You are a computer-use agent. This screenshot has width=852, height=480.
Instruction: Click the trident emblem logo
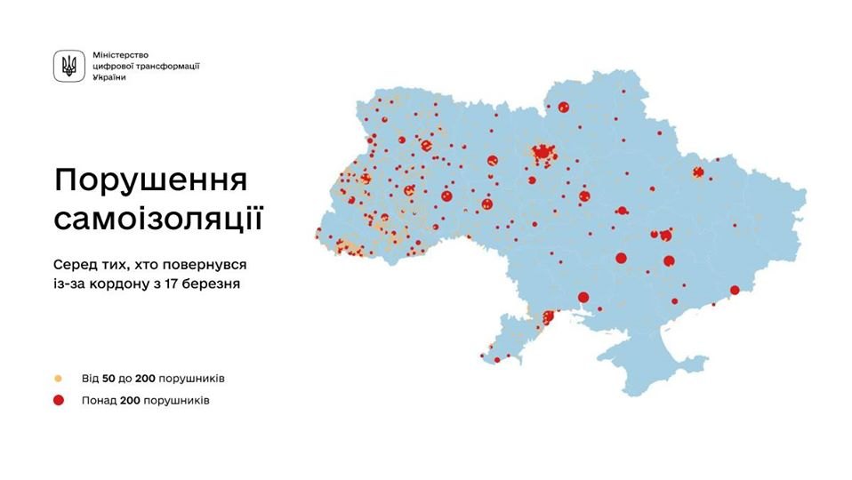(x=68, y=66)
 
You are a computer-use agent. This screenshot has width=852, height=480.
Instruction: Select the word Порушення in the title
(x=150, y=180)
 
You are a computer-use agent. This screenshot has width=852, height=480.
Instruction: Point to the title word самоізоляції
(x=157, y=218)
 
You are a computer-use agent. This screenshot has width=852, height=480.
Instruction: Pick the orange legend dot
(x=59, y=379)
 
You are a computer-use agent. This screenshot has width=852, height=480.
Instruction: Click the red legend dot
(x=59, y=400)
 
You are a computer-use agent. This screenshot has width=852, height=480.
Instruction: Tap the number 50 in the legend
(x=105, y=379)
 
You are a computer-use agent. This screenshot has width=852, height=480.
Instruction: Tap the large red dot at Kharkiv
(x=699, y=172)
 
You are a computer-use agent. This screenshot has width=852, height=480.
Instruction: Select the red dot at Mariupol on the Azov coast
(x=735, y=290)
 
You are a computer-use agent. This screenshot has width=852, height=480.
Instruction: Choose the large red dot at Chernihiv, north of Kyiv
(x=563, y=108)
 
